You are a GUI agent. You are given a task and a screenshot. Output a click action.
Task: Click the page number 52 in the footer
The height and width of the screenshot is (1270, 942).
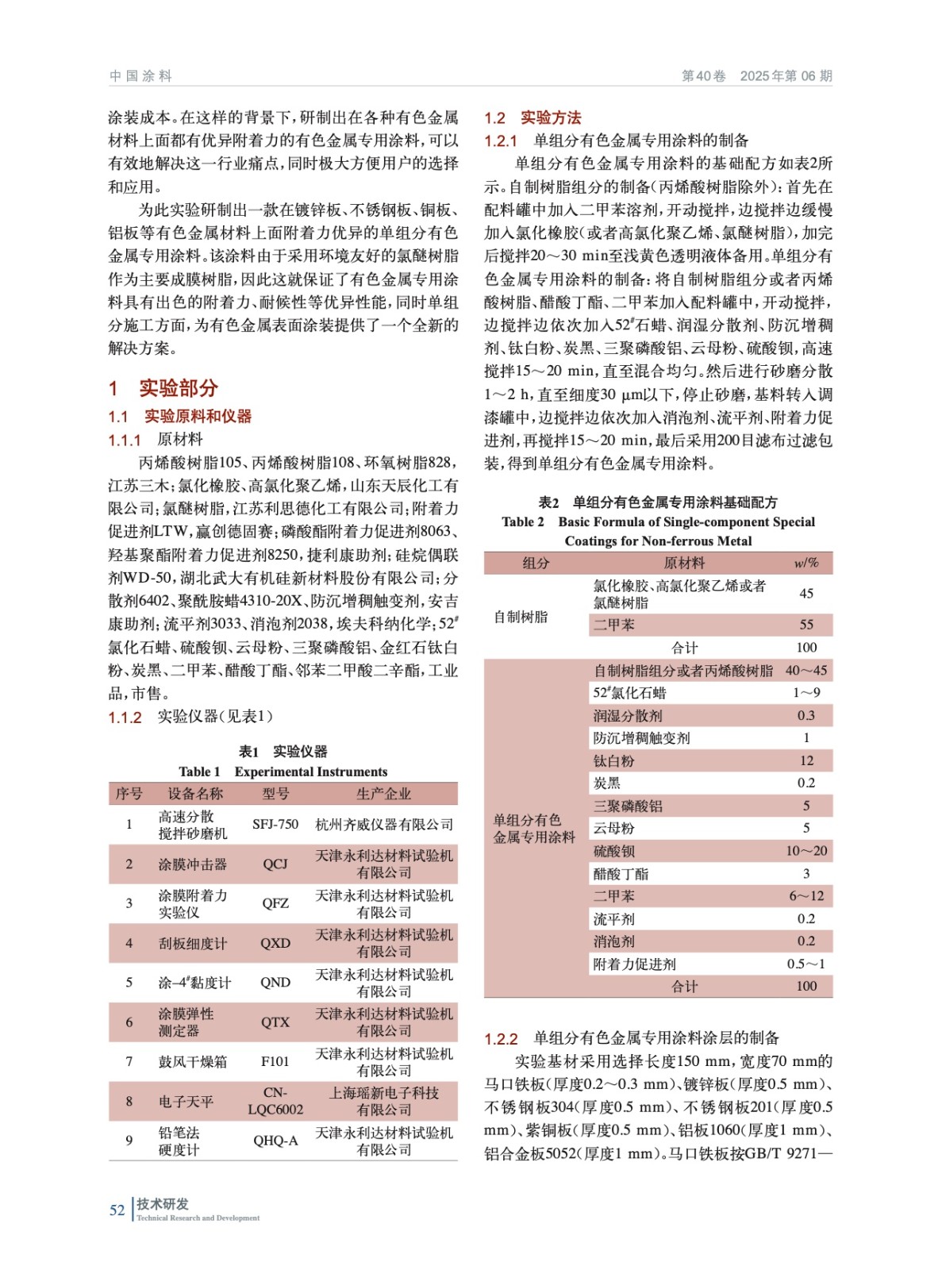117,1210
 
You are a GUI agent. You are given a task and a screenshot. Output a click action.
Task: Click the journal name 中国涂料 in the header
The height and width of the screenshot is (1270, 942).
140,76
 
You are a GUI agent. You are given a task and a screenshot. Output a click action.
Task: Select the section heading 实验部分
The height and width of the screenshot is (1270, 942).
179,388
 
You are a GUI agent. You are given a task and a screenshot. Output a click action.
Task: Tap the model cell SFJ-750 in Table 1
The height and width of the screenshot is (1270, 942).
275,824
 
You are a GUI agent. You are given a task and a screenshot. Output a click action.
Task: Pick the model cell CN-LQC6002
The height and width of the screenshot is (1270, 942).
275,1101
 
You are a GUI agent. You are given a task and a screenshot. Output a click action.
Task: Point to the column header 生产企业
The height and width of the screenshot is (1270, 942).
384,794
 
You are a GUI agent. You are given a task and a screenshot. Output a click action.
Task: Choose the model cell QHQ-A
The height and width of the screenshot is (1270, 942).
275,1141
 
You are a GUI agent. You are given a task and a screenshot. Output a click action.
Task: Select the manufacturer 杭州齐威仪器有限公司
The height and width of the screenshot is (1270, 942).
384,825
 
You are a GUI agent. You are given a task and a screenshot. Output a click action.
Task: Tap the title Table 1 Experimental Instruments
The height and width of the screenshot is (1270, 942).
283,772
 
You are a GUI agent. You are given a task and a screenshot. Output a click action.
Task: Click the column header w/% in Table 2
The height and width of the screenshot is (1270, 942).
806,563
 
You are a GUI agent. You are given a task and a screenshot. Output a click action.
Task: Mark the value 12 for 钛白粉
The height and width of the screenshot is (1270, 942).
806,760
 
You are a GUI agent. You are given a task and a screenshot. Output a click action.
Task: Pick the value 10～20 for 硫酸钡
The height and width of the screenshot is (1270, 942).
806,851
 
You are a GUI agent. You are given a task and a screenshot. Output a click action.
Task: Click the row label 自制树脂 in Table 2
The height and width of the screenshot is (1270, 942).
521,617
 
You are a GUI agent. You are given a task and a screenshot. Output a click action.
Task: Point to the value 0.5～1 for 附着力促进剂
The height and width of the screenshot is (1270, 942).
806,964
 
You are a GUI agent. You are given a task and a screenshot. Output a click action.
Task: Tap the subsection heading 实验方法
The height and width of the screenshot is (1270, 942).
551,118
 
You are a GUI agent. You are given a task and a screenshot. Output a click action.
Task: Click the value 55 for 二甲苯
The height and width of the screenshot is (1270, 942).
806,625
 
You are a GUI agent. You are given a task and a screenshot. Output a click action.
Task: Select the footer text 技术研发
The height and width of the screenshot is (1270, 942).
163,1204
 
